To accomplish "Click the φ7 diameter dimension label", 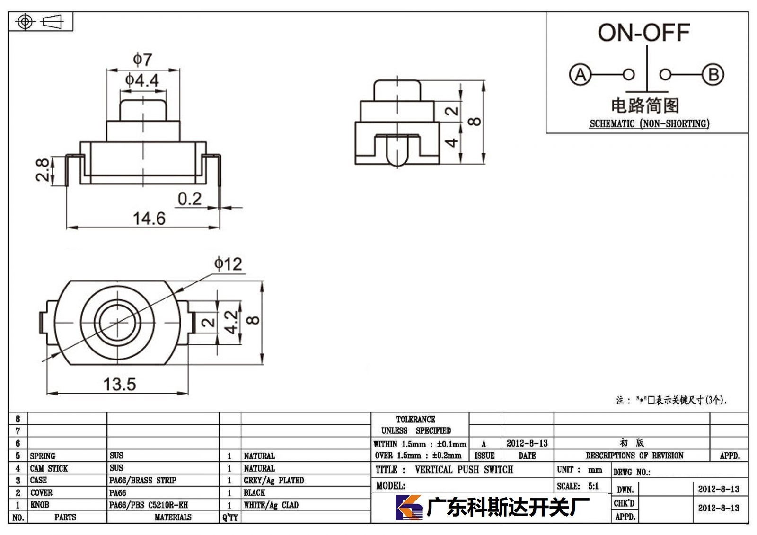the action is click(142, 60).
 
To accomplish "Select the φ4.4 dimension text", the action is click(142, 80).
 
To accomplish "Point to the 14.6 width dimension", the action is click(149, 219).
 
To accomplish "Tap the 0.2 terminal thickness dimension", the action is click(190, 199).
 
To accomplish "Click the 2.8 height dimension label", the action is click(43, 170).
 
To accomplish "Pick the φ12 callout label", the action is click(228, 264).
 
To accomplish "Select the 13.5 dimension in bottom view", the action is click(120, 384).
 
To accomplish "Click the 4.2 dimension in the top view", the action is click(231, 322).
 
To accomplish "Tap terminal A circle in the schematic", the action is click(580, 75).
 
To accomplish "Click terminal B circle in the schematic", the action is click(713, 75).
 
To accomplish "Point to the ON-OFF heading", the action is click(644, 33).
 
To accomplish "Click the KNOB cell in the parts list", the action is click(40, 505).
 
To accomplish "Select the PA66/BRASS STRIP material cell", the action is click(142, 480).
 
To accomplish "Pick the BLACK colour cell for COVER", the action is click(254, 493).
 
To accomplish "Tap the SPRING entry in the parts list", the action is click(43, 456).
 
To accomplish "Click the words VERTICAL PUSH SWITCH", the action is click(464, 469).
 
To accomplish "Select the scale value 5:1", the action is click(593, 486).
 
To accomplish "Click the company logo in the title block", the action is click(409, 507).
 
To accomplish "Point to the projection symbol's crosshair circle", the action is click(25, 22).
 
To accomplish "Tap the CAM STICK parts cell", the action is click(49, 468).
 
